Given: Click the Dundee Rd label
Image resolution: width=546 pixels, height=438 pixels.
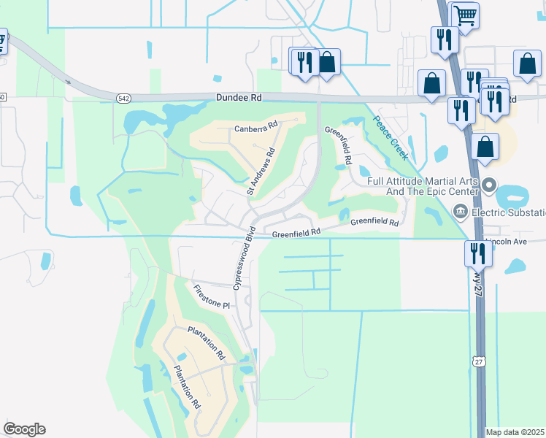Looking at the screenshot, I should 238,96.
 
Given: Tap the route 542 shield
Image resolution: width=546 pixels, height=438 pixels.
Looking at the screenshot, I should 124,96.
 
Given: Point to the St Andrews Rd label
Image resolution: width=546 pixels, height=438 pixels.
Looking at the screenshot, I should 260,172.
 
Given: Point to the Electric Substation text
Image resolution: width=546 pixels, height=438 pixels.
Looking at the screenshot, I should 509,213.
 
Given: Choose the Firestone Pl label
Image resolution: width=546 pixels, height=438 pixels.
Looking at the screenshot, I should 212,298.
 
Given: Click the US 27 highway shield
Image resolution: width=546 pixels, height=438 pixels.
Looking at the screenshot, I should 478,361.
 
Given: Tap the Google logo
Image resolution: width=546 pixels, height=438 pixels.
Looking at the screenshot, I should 24,429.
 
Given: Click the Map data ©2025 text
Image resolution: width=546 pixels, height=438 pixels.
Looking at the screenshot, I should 515,432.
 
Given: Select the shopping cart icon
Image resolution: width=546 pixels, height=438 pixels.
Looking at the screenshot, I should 464,14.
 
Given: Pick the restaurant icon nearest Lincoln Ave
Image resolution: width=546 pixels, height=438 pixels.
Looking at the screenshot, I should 477,254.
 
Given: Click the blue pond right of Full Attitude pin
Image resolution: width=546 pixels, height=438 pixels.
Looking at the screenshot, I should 513,196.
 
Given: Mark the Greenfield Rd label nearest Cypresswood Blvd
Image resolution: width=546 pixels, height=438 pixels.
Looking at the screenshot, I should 296,234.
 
